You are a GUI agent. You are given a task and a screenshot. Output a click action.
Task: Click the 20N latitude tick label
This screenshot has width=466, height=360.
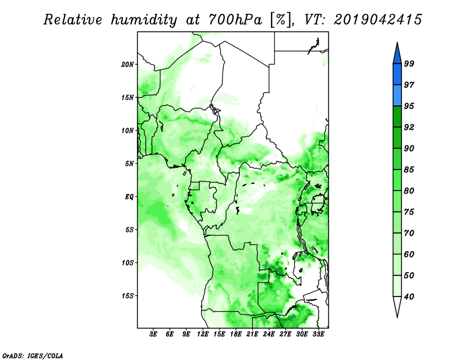pos(128,65)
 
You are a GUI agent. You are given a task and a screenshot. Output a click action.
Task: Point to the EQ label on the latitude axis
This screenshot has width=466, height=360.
pos(129,197)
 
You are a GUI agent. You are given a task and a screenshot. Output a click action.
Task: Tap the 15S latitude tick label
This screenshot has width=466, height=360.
pos(128,296)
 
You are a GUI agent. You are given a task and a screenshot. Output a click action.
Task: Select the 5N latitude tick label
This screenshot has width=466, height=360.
pos(129,164)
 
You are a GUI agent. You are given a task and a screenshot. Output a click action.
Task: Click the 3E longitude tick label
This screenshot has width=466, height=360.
pos(153,334)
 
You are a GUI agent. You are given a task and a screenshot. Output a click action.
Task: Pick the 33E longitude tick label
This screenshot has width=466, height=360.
pos(318,334)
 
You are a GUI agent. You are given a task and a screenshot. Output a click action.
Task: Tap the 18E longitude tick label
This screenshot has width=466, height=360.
pos(236,334)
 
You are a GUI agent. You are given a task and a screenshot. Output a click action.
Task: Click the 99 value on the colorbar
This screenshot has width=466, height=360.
pos(409,63)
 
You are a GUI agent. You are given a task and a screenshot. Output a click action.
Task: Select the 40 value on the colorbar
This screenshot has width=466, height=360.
pos(409,297)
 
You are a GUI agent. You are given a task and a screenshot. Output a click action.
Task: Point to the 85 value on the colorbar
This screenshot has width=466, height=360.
pos(409,170)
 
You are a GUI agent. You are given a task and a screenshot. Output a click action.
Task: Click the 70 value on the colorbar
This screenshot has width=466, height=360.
pos(409,233)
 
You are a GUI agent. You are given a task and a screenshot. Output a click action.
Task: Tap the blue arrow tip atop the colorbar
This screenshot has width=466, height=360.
pos(397,43)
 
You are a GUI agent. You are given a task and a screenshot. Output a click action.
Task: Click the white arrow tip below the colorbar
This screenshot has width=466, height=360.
pos(397,317)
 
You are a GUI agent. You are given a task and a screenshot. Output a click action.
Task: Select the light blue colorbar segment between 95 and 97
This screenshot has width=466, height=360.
pos(397,96)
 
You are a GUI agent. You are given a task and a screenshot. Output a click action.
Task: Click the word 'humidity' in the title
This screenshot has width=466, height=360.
pos(144,20)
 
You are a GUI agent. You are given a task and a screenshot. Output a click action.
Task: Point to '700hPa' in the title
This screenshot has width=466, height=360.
pos(235,20)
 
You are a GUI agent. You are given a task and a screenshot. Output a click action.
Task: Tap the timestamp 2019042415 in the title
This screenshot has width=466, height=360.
pos(377,20)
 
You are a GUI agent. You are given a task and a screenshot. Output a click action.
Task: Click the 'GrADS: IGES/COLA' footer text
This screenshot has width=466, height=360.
pos(33,355)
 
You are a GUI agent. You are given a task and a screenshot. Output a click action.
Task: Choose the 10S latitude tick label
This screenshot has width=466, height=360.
pos(128,263)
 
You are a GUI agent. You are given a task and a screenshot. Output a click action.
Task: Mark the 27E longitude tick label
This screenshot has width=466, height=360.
pos(285,334)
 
